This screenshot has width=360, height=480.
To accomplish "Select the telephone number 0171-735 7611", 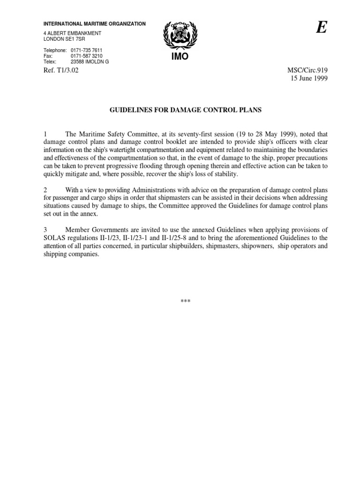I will tap(86, 50).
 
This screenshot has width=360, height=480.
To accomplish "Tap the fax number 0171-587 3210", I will tap(86, 55).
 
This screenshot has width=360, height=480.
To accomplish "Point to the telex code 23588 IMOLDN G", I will tap(90, 61).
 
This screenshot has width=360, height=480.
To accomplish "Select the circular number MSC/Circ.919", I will tap(313, 71).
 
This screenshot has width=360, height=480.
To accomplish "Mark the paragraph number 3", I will tap(45, 229).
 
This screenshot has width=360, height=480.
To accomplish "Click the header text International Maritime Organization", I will tap(95, 23).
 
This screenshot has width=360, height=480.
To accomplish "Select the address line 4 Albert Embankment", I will tap(72, 33).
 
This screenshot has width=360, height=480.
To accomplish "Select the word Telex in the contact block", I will tap(50, 61).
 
